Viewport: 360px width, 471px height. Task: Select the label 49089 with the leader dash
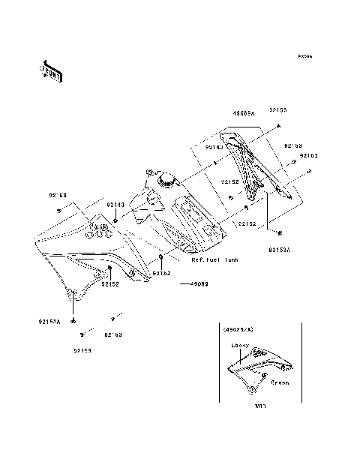(199, 284)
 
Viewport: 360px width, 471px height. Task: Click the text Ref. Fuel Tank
(214, 260)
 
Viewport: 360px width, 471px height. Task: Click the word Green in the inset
(279, 382)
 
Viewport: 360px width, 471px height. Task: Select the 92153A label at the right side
(280, 244)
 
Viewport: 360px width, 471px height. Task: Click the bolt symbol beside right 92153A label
(280, 232)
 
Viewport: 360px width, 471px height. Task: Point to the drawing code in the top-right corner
(304, 56)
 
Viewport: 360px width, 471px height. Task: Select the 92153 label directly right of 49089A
(279, 110)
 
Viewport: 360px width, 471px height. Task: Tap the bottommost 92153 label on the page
(83, 349)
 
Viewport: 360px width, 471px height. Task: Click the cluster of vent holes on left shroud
(95, 229)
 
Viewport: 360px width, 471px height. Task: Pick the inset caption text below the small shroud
(260, 406)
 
